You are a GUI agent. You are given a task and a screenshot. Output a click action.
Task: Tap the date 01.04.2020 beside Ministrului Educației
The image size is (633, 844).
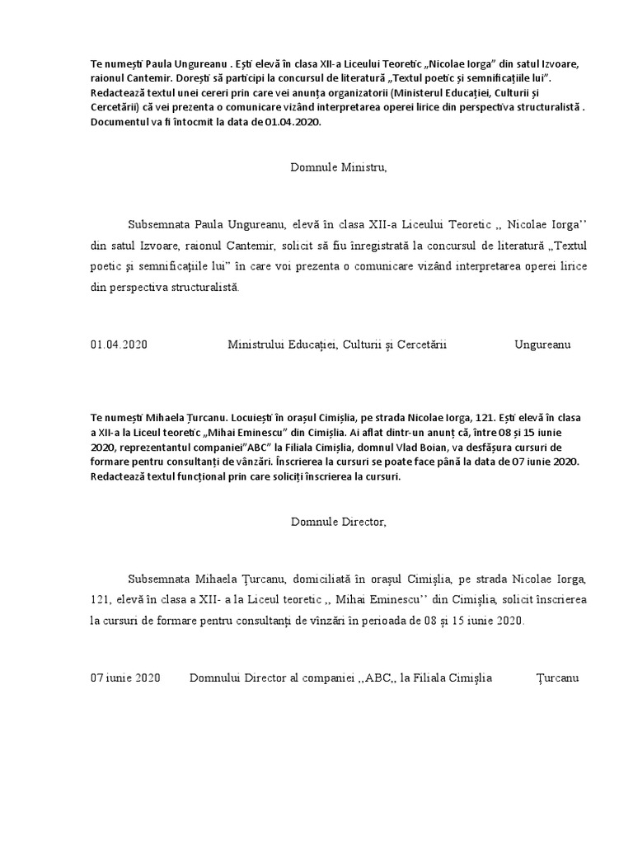pyautogui.click(x=119, y=345)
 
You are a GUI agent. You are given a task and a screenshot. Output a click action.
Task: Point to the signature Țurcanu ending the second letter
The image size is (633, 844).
pyautogui.click(x=558, y=678)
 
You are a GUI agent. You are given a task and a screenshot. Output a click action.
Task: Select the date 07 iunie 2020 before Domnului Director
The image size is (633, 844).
pyautogui.click(x=125, y=678)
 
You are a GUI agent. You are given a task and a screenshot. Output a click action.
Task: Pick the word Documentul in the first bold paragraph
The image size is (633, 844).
pyautogui.click(x=119, y=122)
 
